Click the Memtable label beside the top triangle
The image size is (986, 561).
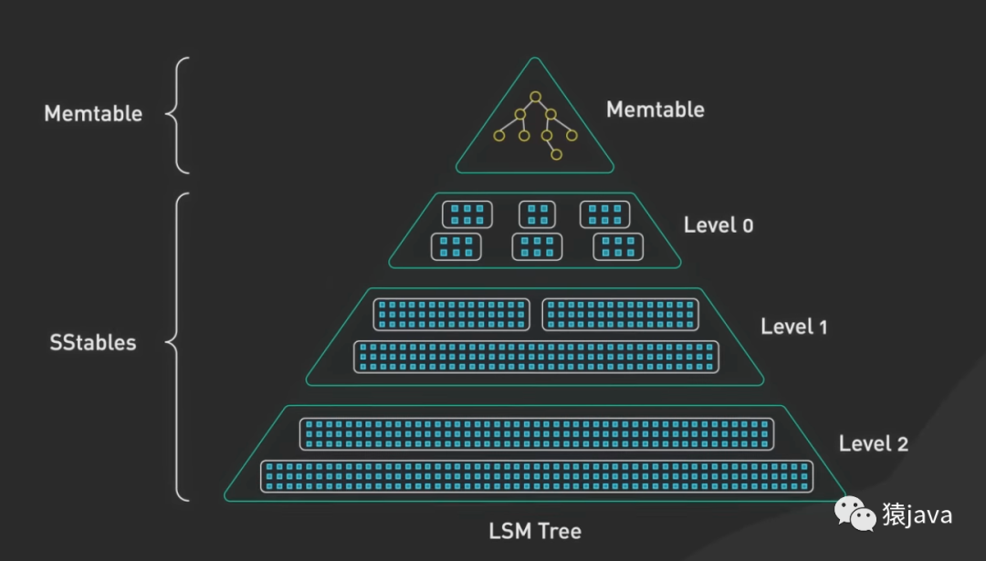[655, 110]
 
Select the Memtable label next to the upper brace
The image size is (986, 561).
[93, 114]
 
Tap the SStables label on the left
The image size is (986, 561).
[92, 344]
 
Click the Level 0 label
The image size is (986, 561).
[719, 225]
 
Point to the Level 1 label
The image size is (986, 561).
[793, 327]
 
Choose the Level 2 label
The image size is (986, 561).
[873, 444]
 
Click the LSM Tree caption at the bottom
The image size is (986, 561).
[535, 531]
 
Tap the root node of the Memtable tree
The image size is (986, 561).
[536, 97]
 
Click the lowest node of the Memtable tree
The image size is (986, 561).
[556, 154]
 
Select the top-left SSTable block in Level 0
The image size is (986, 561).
[467, 214]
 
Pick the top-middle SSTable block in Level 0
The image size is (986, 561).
[538, 214]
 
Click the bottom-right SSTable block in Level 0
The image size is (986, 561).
[618, 246]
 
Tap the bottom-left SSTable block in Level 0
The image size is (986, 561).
[456, 246]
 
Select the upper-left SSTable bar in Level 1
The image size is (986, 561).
[451, 314]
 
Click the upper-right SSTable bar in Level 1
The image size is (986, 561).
[620, 314]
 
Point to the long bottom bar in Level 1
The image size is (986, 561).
[536, 357]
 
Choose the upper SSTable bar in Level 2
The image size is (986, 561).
[537, 433]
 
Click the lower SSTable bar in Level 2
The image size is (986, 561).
[536, 476]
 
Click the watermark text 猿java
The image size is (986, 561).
[917, 515]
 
